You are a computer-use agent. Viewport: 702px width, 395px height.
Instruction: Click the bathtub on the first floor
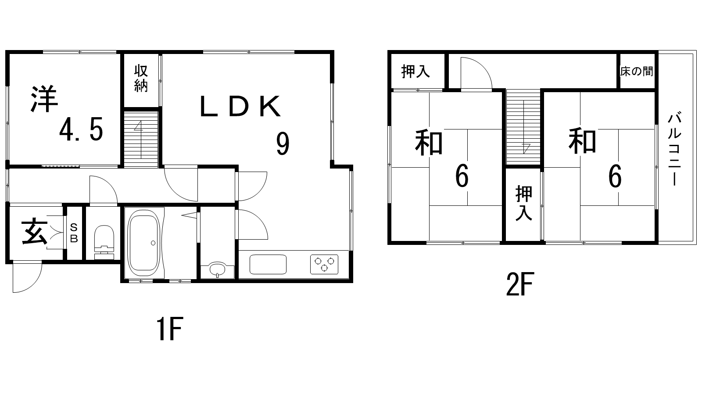pos(143,243)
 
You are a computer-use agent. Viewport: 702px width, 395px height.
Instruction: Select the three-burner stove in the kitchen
pos(325,264)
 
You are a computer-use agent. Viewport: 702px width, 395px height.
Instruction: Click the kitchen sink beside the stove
pos(268,264)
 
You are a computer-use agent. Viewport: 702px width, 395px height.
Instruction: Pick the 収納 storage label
pos(140,78)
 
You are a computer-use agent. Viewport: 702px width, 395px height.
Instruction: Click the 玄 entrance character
pos(34,233)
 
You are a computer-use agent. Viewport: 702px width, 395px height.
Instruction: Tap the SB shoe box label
pos(74,233)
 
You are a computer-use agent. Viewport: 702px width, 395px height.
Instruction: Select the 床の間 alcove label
pos(637,71)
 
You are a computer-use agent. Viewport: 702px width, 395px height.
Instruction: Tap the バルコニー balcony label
pos(675,149)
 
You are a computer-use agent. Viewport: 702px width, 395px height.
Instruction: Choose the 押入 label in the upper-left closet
pos(415,71)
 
